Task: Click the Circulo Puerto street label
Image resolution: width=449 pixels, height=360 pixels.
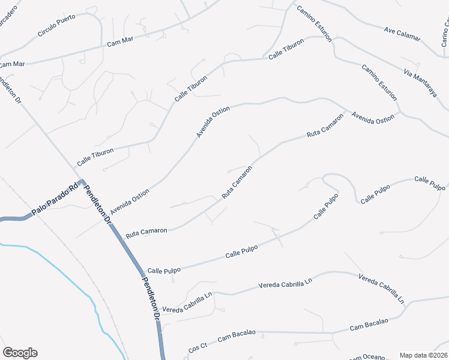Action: [x=56, y=25]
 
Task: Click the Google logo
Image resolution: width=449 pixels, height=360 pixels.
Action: [x=20, y=353]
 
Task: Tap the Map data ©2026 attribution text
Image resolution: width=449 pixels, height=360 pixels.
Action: [x=423, y=355]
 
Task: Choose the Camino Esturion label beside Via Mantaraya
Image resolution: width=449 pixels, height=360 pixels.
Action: [x=379, y=82]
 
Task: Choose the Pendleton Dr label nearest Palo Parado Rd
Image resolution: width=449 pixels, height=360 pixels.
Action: [x=98, y=204]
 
